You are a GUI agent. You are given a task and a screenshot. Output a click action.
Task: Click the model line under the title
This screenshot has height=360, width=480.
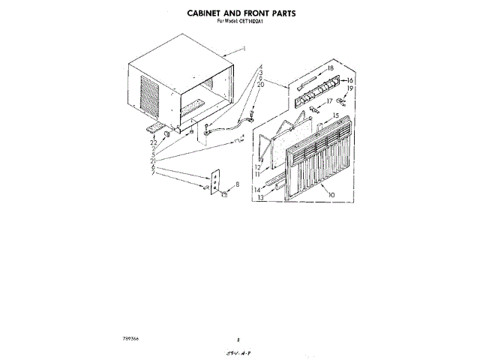tap(240, 21)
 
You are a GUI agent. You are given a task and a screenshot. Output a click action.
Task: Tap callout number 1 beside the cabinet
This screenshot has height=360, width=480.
tap(244, 49)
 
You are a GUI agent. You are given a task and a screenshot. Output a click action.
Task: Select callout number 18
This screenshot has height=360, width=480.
tap(330, 68)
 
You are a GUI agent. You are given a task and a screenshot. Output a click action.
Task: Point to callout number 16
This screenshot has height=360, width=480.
tap(349, 79)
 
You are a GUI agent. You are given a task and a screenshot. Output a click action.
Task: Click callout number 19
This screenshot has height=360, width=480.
tap(349, 88)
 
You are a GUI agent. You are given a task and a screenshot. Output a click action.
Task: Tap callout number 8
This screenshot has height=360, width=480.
tap(238, 184)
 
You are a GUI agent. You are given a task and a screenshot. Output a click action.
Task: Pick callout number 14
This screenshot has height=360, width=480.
tap(257, 190)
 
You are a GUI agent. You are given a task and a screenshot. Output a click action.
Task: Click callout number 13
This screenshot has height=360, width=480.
tap(259, 199)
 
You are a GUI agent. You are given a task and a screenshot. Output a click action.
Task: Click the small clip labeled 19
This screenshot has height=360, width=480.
tap(341, 97)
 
